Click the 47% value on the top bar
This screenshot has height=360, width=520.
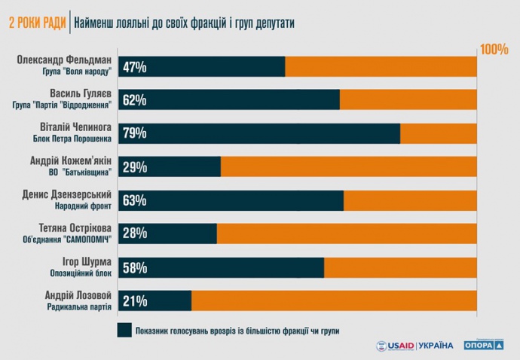point(136,67)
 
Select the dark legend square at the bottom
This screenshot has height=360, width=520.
point(124,330)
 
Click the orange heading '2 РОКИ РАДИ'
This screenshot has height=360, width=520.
point(35,23)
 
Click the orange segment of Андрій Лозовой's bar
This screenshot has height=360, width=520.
point(334,301)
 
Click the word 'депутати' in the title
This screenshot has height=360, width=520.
point(267,23)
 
